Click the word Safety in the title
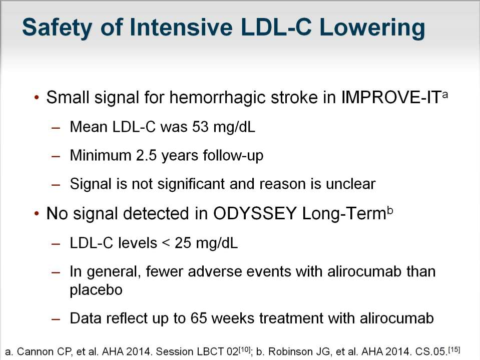(57, 28)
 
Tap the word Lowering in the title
(372, 28)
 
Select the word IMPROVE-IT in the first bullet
(391, 98)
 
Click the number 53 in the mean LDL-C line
(201, 127)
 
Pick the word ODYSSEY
(255, 213)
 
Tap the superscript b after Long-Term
(390, 211)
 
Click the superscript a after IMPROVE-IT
(445, 94)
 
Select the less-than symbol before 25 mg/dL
(166, 243)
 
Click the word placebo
(96, 290)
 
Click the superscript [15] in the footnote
(454, 349)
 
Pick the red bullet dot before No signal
(37, 214)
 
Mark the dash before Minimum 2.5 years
(56, 156)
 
